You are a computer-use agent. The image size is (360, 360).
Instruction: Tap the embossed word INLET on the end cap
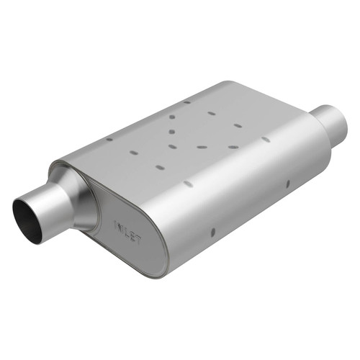128,232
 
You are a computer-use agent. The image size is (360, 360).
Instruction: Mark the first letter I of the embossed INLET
115,225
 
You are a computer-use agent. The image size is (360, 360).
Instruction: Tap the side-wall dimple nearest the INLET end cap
212,232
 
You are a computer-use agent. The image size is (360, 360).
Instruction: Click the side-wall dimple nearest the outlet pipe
288,183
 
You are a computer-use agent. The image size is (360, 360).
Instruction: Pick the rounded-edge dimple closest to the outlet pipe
266,139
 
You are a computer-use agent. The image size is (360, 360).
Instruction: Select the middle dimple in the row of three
202,147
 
